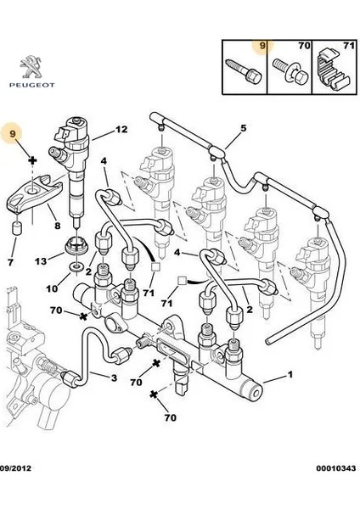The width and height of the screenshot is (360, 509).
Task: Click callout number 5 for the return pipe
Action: (x=242, y=128)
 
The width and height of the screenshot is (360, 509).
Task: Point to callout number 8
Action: (x=56, y=227)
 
